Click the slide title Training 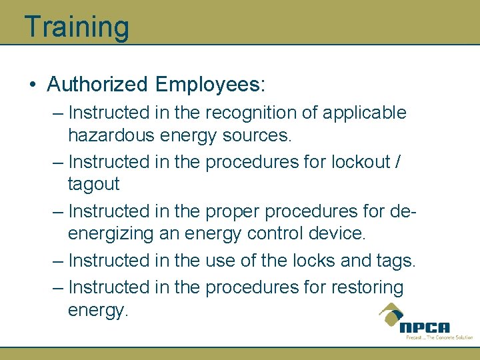pos(76,27)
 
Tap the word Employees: pos(210,85)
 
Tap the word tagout pos(93,184)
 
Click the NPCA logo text pos(425,327)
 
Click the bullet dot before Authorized pos(33,85)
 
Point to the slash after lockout pos(397,162)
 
